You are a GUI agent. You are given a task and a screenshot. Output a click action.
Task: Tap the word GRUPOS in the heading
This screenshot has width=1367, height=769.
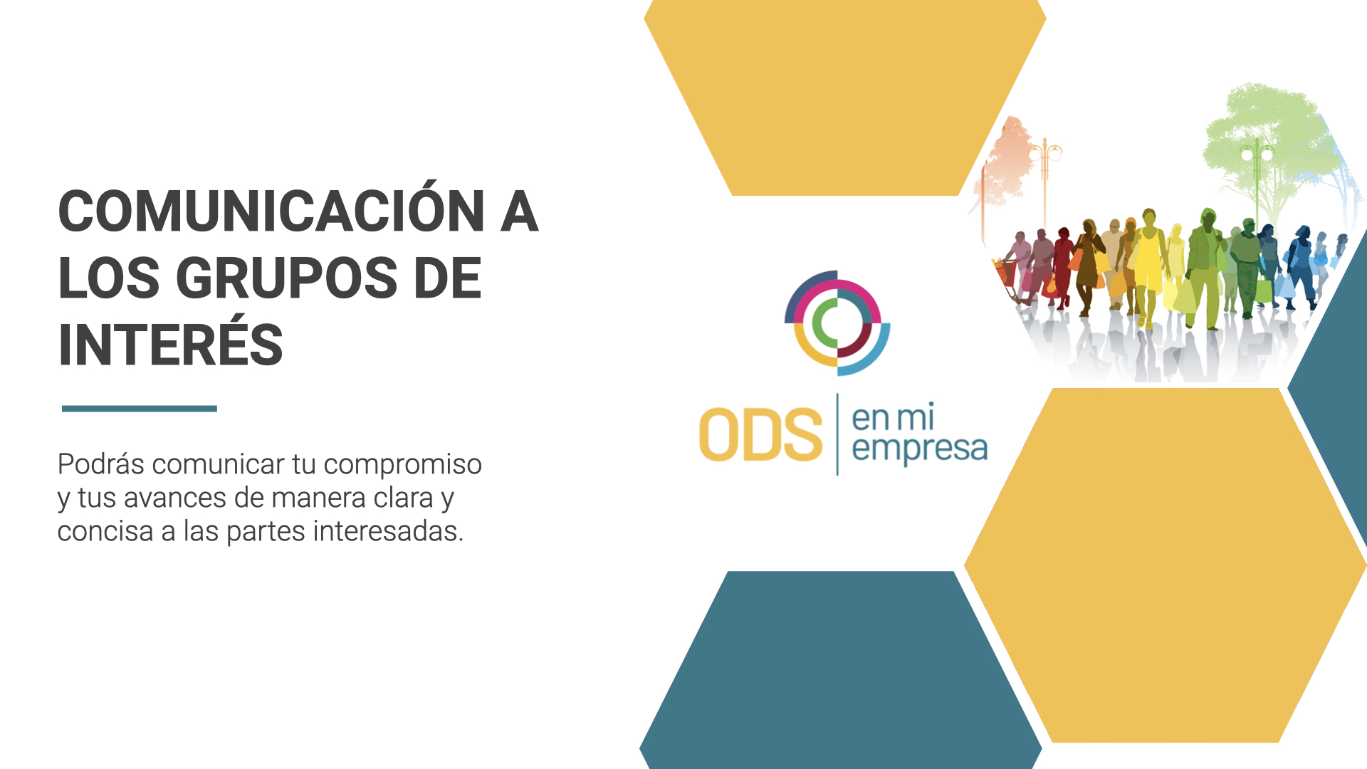[x=287, y=278]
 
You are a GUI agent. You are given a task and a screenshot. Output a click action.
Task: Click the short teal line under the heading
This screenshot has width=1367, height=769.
[x=140, y=409]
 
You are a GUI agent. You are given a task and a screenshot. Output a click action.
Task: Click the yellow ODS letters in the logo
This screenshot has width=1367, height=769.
[x=760, y=434]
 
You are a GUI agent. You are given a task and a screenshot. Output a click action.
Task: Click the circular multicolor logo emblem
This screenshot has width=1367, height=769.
[x=837, y=323]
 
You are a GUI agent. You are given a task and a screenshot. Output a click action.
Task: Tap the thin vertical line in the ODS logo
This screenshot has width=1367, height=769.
[x=837, y=434]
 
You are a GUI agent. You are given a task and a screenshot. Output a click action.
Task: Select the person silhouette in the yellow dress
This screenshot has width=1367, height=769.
[x=1147, y=267]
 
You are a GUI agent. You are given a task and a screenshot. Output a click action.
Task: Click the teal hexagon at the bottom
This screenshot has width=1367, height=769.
[x=841, y=669]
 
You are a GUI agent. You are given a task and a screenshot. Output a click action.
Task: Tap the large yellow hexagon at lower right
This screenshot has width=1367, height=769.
[x=1166, y=565]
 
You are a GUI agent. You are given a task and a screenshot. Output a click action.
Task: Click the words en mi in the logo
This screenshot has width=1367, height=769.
[x=893, y=418]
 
